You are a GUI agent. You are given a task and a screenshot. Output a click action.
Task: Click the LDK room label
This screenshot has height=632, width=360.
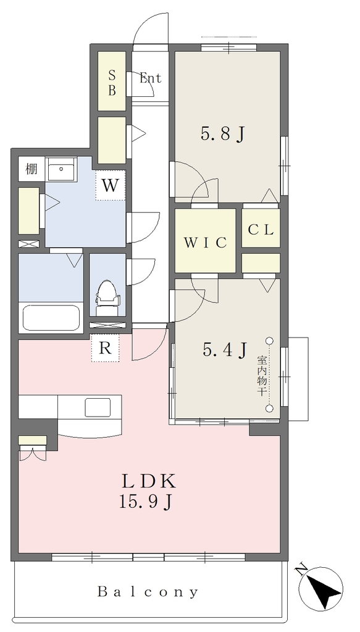tap(149, 481)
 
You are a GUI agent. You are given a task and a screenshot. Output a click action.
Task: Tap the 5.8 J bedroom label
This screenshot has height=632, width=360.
tap(223, 134)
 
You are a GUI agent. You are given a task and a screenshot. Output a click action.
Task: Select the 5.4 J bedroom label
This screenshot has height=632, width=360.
tap(225, 350)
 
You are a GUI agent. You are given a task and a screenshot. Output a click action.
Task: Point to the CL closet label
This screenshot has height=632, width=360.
tap(261, 230)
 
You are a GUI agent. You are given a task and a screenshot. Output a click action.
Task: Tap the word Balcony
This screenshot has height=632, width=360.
tap(148, 592)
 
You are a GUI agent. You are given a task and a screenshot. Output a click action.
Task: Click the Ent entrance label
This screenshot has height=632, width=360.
tap(151, 78)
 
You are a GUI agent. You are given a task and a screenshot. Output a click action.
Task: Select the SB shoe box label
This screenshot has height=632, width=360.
tap(112, 83)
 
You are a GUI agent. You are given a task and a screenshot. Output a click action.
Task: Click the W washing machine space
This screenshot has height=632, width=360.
tap(110, 186)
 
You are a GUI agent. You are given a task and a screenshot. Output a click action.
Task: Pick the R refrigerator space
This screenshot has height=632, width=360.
tap(105, 348)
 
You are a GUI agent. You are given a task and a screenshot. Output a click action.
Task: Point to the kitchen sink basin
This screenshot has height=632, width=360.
tap(98, 407)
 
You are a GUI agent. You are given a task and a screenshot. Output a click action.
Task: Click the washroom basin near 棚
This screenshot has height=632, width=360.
tap(61, 169)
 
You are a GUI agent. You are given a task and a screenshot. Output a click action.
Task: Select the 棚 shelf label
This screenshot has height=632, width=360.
tap(31, 168)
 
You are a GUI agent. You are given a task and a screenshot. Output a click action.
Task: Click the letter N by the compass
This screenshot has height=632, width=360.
tap(300, 570)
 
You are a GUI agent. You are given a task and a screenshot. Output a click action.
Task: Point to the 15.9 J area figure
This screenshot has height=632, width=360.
tap(146, 501)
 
